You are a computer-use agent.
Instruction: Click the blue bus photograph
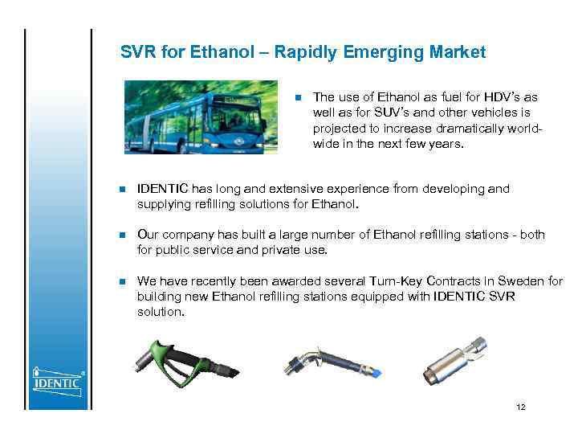click(x=201, y=117)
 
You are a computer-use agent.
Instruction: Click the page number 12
click(x=521, y=407)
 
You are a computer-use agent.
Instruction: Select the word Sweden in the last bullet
click(x=523, y=281)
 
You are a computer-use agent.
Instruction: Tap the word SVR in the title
click(x=137, y=53)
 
